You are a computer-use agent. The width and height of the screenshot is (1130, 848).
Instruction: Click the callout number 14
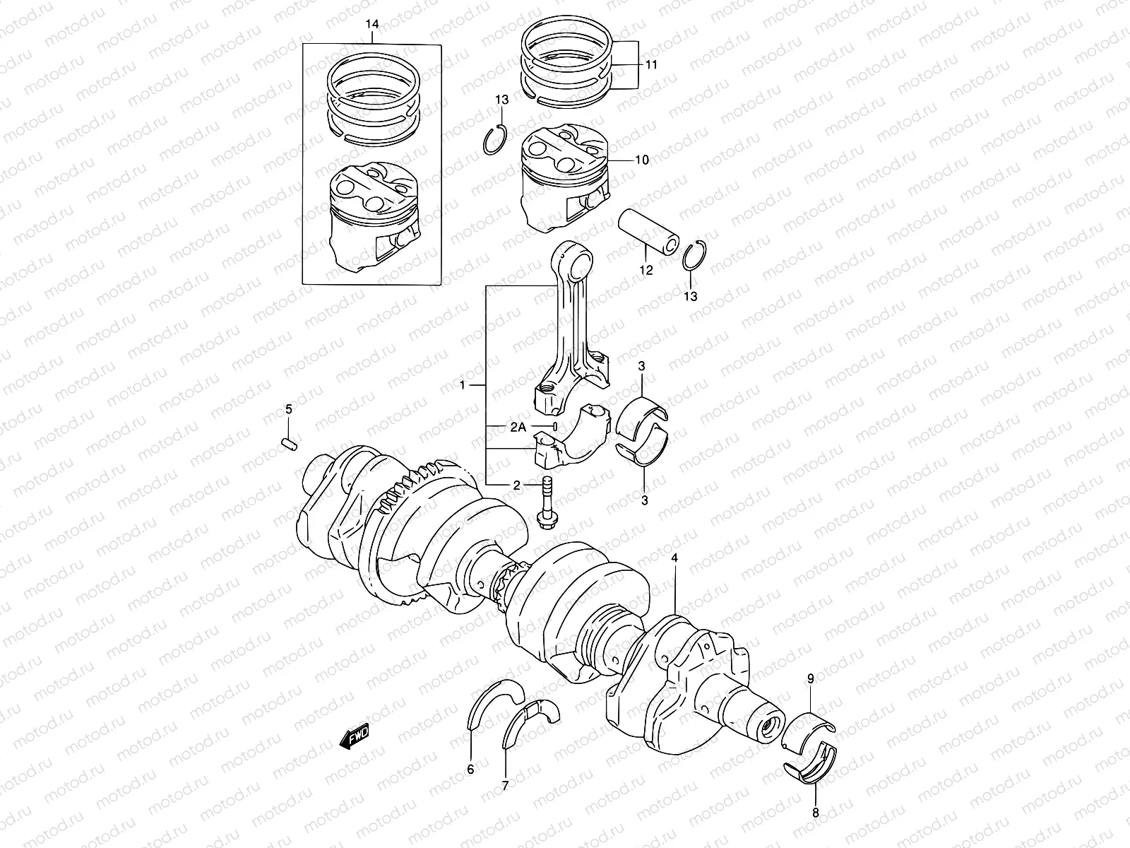(x=372, y=25)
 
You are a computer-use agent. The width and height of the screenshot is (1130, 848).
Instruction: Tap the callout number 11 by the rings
(x=651, y=64)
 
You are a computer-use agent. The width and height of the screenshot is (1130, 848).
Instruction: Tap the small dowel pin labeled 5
(x=289, y=442)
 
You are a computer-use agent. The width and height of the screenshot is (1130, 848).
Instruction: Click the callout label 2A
(x=518, y=428)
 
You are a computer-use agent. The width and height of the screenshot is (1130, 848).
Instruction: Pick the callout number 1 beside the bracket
(x=463, y=385)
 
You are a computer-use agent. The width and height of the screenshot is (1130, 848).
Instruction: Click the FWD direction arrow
(x=355, y=738)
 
